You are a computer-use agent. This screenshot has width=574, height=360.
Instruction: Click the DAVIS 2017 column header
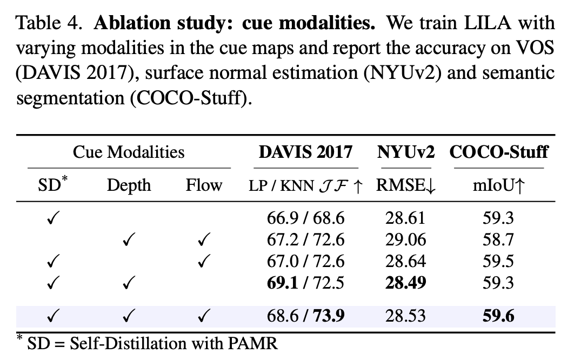tap(305, 152)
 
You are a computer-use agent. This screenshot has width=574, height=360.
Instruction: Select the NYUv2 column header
tap(405, 152)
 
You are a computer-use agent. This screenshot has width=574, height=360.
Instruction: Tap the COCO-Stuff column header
tap(498, 152)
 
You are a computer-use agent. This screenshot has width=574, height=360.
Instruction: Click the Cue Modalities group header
tap(129, 152)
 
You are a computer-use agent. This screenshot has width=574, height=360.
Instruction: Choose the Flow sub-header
tap(204, 185)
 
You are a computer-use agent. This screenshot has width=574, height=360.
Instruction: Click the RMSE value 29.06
tap(405, 240)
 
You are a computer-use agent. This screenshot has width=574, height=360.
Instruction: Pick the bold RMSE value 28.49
tap(405, 283)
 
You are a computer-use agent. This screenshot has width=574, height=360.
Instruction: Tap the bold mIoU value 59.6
tap(498, 316)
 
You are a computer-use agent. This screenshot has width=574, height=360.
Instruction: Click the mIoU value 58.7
tap(498, 240)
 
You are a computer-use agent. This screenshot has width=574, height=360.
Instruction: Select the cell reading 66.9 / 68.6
tap(306, 218)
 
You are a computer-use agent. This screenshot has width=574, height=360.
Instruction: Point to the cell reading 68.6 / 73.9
tap(306, 316)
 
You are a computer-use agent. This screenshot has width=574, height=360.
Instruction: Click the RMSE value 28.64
tap(405, 262)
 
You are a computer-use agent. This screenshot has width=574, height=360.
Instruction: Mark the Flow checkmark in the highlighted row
tap(204, 316)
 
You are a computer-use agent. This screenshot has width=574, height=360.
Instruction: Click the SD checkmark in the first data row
tap(53, 218)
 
